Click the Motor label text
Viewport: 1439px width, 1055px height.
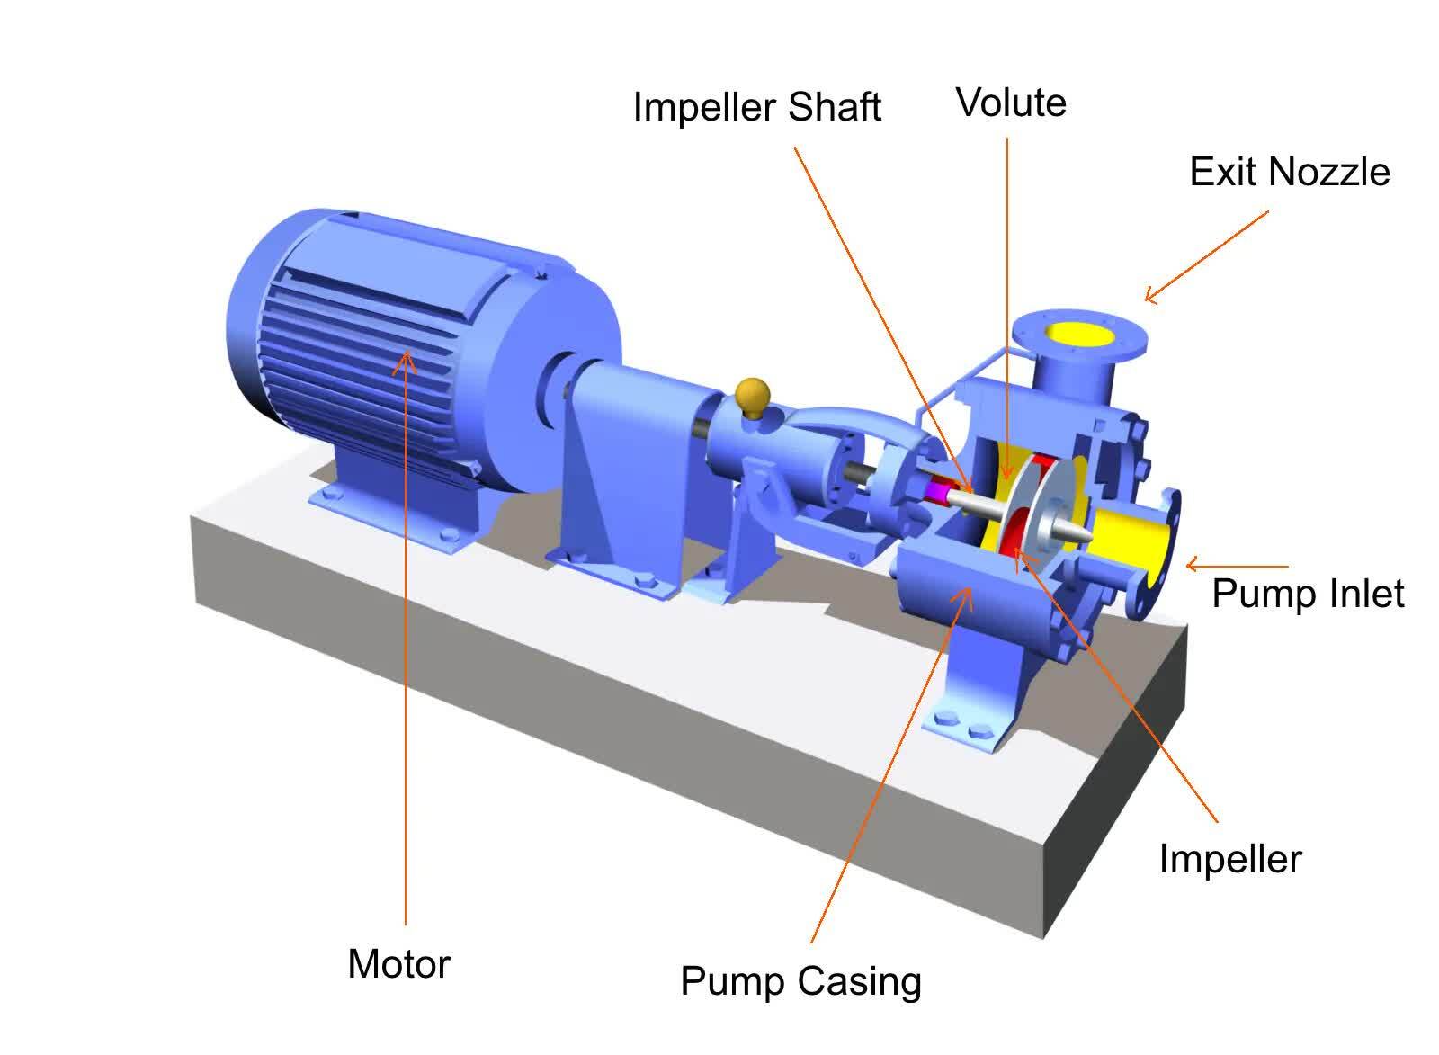(398, 964)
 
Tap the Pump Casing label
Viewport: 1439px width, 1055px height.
(800, 981)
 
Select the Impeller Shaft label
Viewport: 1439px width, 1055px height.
(756, 107)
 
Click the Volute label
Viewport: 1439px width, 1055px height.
(1011, 103)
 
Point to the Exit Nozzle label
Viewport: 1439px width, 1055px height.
(1289, 172)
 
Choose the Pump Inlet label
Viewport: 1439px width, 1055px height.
(1307, 594)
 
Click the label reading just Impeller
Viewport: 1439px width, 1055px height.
(1229, 859)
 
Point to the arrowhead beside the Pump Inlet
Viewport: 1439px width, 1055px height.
(1192, 565)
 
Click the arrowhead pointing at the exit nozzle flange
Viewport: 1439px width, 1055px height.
(1150, 296)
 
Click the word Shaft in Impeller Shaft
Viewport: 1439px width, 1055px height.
(834, 107)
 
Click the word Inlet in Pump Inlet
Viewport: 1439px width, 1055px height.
(1363, 594)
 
